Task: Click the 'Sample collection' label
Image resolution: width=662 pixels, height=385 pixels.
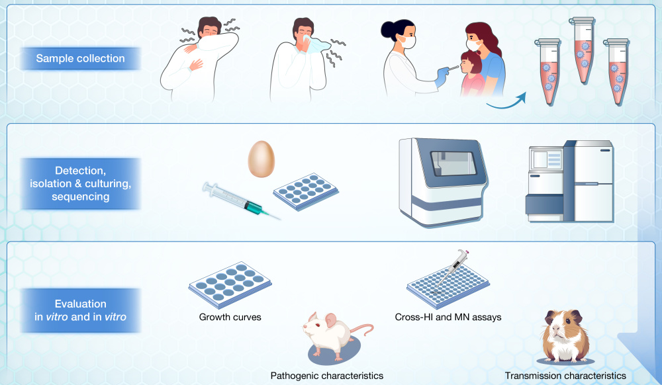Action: pyautogui.click(x=80, y=58)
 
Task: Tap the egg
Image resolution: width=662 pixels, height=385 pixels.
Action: pyautogui.click(x=261, y=159)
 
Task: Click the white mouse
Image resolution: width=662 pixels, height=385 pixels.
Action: pyautogui.click(x=334, y=335)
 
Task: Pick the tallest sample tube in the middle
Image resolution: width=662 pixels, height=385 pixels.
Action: pyautogui.click(x=583, y=50)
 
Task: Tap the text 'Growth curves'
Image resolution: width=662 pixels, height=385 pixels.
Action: pyautogui.click(x=230, y=317)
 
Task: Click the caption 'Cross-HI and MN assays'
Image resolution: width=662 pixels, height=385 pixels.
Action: pyautogui.click(x=448, y=317)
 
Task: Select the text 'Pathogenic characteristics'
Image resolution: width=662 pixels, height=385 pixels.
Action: pyautogui.click(x=327, y=375)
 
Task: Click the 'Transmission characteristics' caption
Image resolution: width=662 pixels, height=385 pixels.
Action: pyautogui.click(x=565, y=375)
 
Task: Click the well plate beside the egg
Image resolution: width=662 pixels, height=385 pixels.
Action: pyautogui.click(x=306, y=191)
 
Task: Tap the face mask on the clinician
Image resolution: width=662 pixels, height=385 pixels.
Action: pyautogui.click(x=406, y=42)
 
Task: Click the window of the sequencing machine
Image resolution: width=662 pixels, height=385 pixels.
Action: pyautogui.click(x=453, y=163)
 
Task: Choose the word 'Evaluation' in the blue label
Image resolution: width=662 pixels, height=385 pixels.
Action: pyautogui.click(x=80, y=304)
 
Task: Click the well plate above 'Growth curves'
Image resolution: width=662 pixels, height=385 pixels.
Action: pyautogui.click(x=230, y=284)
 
